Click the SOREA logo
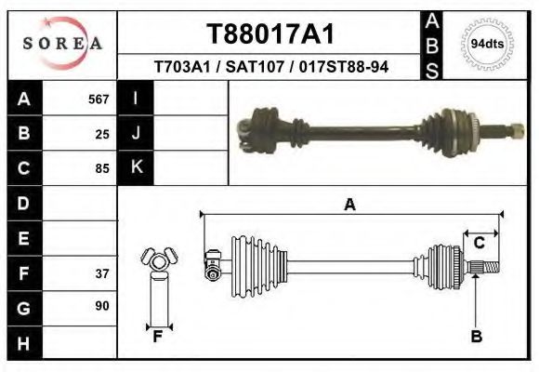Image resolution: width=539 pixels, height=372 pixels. pos(62,44)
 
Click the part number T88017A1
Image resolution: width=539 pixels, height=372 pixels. pos(269,33)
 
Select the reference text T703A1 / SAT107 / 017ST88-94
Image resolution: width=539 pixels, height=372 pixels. pos(270,67)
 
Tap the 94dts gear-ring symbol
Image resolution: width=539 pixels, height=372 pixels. pos(487,44)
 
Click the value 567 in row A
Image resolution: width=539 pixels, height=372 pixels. pos(99,99)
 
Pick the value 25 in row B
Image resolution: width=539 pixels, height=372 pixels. pos(102,134)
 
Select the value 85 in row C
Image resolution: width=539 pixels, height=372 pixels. pos(102,169)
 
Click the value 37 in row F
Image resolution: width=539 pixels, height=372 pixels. pos(102,273)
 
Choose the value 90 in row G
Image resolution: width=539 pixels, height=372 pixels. pos(102,306)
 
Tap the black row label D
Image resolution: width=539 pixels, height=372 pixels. pos(24,203)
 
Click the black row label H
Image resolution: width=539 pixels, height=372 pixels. pos(24,342)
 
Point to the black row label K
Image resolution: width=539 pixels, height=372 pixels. pos(137,168)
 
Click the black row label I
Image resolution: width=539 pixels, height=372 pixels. pos(137,99)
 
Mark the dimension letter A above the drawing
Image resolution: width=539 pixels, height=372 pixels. pos(349,206)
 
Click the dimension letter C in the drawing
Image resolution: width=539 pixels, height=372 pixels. pos(480,243)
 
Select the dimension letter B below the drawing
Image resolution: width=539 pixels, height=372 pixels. pos(477,337)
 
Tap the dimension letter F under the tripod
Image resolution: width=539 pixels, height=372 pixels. pos(158,337)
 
